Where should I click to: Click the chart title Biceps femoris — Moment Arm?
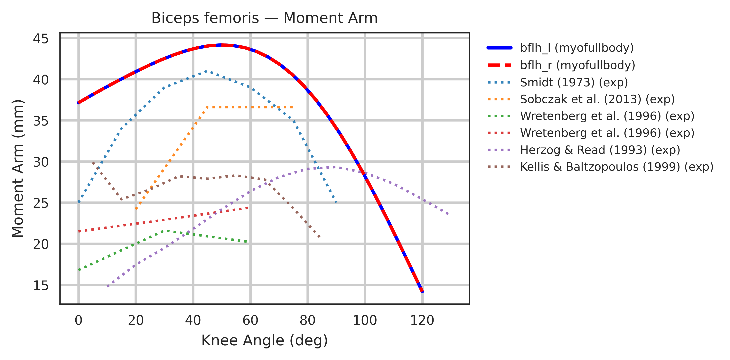(x=264, y=18)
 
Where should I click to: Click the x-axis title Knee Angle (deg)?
(x=264, y=340)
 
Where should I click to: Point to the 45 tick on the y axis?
(x=41, y=39)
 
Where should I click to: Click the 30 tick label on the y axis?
(x=41, y=162)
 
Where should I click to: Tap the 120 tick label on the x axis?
(x=422, y=320)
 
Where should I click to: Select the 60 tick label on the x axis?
(x=250, y=320)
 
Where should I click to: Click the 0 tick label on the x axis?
(x=79, y=320)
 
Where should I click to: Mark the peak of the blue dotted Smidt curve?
(x=206, y=71)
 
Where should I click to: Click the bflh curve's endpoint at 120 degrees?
(x=422, y=291)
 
